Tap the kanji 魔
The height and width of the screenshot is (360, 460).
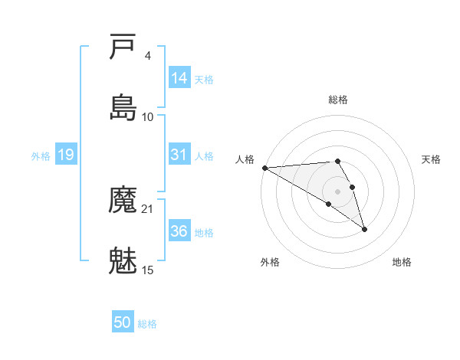click(123, 201)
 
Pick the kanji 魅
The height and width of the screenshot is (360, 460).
click(123, 260)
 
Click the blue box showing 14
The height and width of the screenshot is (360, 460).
click(179, 78)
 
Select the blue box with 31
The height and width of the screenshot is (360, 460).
click(179, 155)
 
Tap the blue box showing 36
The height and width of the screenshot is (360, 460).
click(179, 231)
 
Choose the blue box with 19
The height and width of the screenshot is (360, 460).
click(66, 155)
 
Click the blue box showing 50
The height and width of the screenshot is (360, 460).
click(123, 322)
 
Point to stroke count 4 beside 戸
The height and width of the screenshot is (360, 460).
click(147, 56)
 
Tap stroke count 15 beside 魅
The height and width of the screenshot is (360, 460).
click(148, 270)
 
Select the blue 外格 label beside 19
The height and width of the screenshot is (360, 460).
click(41, 155)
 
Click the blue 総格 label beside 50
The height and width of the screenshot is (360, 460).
click(147, 323)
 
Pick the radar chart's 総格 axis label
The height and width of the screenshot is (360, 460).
click(338, 100)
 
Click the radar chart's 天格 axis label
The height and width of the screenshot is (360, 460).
click(432, 159)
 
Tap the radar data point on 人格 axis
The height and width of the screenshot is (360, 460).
click(264, 168)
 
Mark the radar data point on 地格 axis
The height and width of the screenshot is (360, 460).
click(364, 229)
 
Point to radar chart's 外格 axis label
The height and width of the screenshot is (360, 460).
click(270, 262)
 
